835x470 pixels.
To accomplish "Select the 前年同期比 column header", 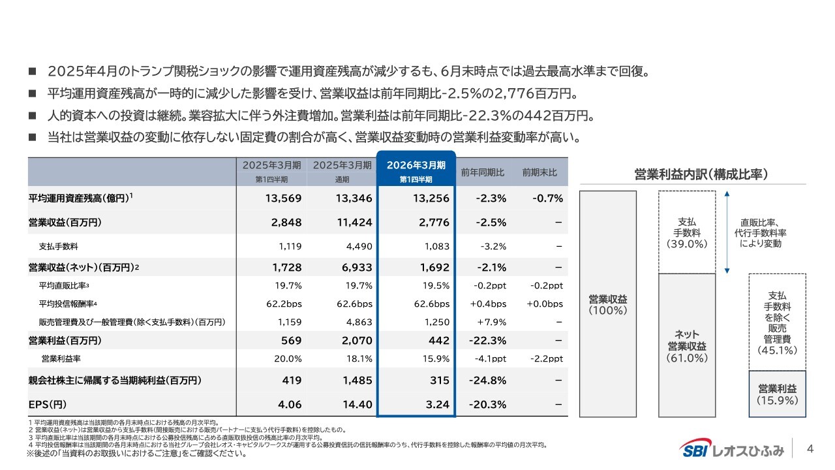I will pos(482,172).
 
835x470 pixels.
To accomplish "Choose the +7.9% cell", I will pos(491,322).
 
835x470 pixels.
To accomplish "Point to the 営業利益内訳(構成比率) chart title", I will pos(701,175).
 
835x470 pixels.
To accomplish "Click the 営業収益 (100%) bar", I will pos(607,304).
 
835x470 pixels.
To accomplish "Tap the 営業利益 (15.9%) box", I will pos(777,394).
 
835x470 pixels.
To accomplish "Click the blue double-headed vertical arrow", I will pos(726,232).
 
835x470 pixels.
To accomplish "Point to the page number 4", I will pos(811,448).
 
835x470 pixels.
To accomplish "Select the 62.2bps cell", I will pos(284,304).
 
